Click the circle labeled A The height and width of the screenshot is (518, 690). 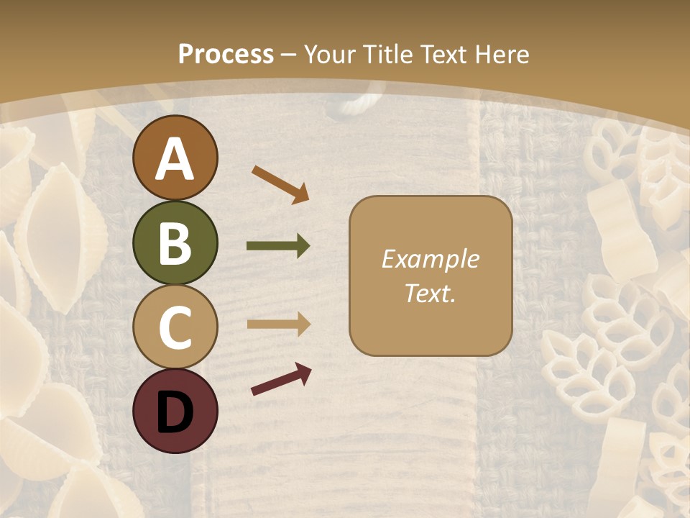click(x=175, y=158)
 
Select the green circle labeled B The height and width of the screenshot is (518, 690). click(x=175, y=242)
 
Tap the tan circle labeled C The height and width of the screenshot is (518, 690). click(x=175, y=327)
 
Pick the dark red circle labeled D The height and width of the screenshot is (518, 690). click(x=175, y=411)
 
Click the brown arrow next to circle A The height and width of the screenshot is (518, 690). click(x=280, y=184)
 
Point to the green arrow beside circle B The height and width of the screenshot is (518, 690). click(x=278, y=246)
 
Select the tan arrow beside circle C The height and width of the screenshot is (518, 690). click(x=278, y=324)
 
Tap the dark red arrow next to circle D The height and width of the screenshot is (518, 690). click(x=281, y=380)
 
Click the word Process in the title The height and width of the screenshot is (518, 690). click(x=226, y=54)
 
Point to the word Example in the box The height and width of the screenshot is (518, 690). click(x=431, y=259)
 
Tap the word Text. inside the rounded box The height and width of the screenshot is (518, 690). click(x=431, y=293)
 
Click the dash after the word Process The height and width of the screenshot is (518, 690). click(x=288, y=55)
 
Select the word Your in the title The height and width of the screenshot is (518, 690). click(x=328, y=54)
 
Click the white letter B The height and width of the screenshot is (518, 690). click(x=175, y=242)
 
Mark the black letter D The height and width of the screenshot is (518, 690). click(x=175, y=412)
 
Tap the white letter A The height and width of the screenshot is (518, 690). click(x=175, y=158)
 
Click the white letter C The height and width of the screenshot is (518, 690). click(x=175, y=327)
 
